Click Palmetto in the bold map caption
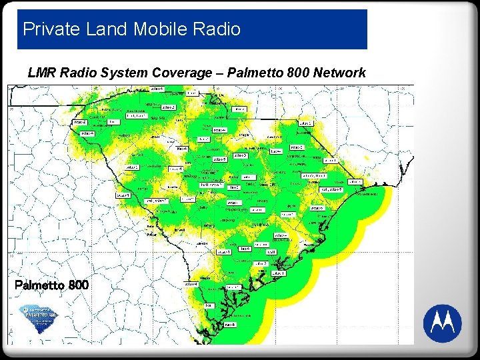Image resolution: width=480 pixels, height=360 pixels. point(39,285)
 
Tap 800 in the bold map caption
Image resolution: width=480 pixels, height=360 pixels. point(78,285)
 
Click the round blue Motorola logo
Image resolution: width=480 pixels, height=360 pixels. point(442,323)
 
